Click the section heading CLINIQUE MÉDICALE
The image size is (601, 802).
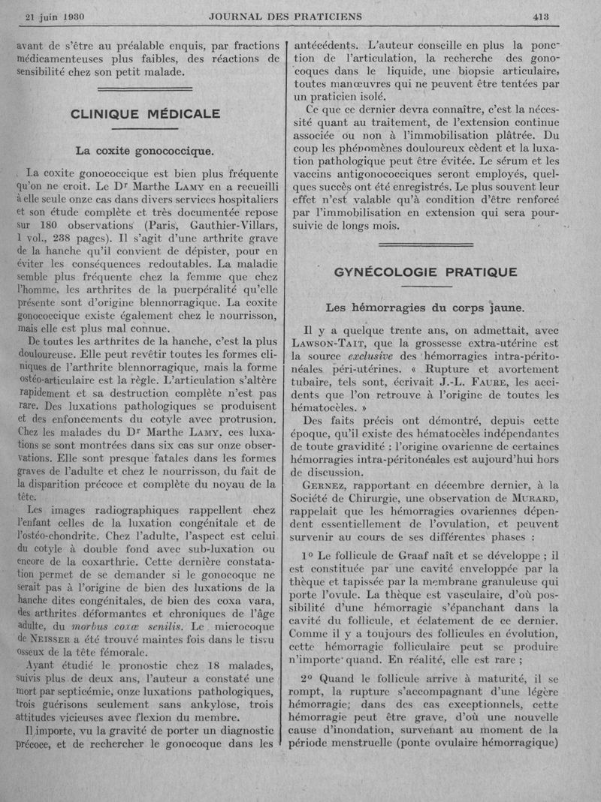(145, 114)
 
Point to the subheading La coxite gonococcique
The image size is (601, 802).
(145, 150)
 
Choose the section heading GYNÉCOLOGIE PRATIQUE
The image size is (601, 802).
(424, 272)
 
